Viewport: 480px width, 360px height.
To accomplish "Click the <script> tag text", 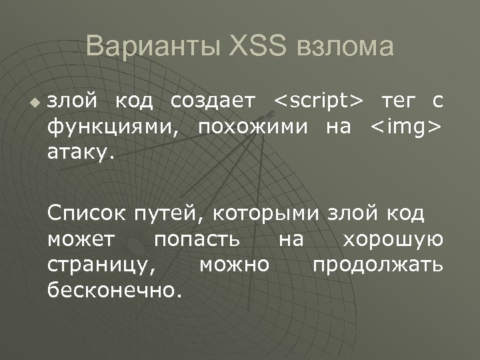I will click(x=319, y=101).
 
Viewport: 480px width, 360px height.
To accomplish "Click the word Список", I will click(x=85, y=214).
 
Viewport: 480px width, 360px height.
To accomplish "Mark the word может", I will click(x=81, y=240).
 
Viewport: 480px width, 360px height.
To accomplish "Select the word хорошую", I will click(x=392, y=240).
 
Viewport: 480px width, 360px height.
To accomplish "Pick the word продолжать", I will click(x=377, y=265).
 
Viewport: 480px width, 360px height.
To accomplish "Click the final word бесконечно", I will click(x=114, y=290).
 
